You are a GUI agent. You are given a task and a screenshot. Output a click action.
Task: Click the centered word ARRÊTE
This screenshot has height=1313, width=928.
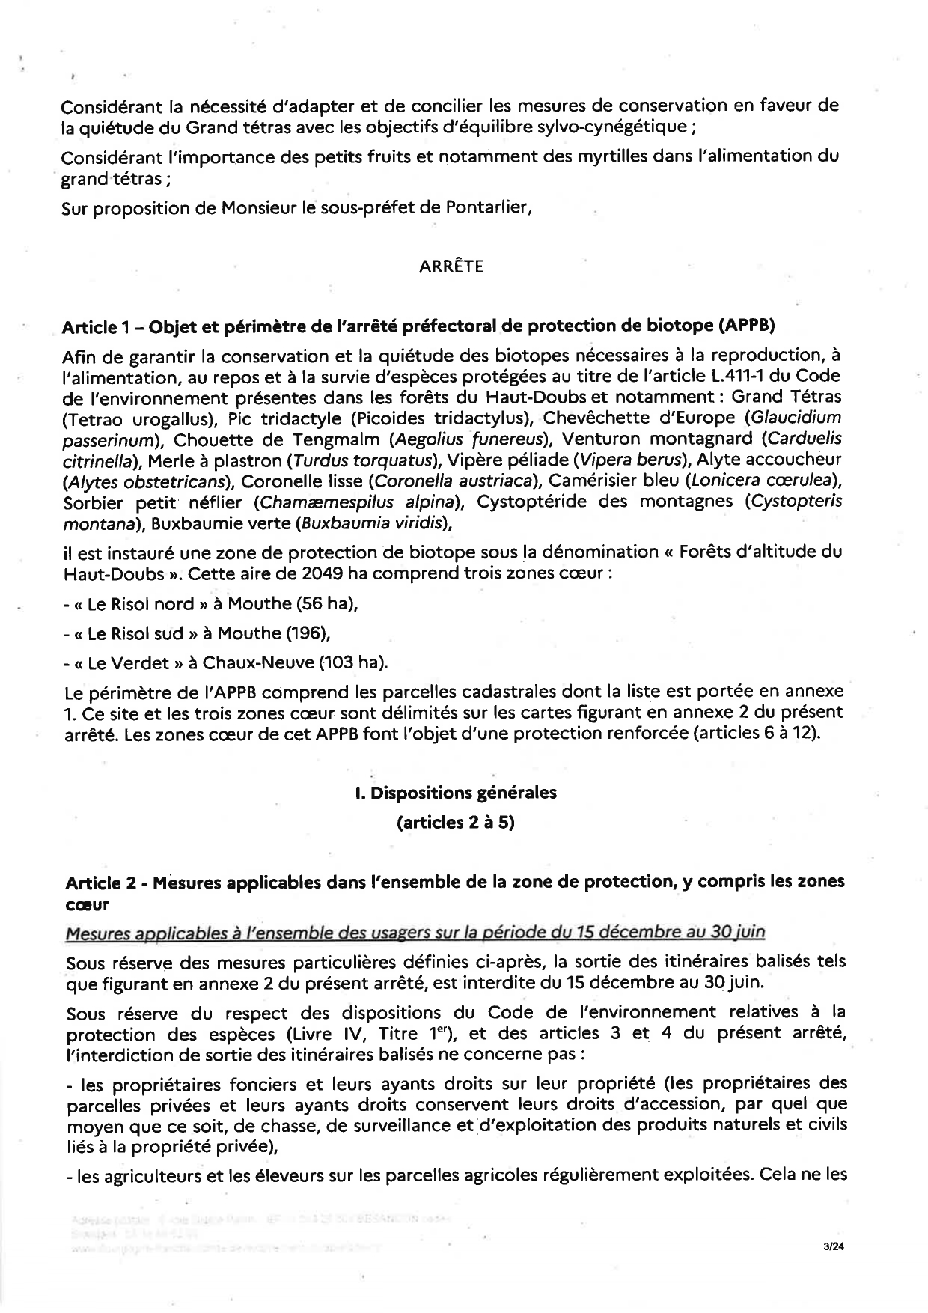click(451, 267)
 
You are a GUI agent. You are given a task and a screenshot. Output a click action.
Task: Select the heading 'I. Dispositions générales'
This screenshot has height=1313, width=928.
click(456, 793)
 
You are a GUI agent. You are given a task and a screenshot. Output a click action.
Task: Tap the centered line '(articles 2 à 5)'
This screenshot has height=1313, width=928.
click(456, 823)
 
